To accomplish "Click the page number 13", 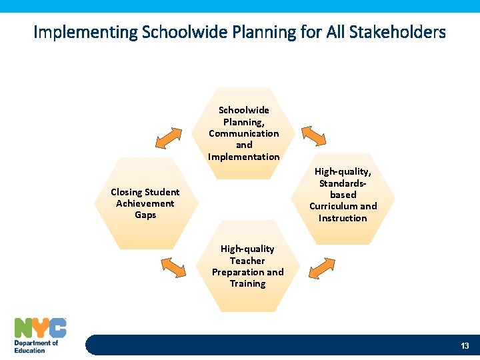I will tap(465, 345).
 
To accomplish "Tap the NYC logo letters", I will tap(41, 328).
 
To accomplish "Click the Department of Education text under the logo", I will tap(36, 347).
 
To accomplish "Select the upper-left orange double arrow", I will tap(168, 137).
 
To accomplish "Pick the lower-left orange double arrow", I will tap(173, 267).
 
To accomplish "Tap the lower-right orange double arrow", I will tap(322, 267).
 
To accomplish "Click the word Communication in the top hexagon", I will tap(244, 133).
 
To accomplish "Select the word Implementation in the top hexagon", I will tap(244, 157).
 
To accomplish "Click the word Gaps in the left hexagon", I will tap(145, 215).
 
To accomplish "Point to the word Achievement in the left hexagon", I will tap(145, 203).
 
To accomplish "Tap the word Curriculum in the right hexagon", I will tap(332, 206).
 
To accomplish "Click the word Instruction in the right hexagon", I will tap(343, 218).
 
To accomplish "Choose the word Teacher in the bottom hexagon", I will tap(247, 261).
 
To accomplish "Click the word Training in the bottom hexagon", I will tap(247, 283).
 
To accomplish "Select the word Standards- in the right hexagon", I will tap(343, 183).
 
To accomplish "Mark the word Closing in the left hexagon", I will tap(127, 192).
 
